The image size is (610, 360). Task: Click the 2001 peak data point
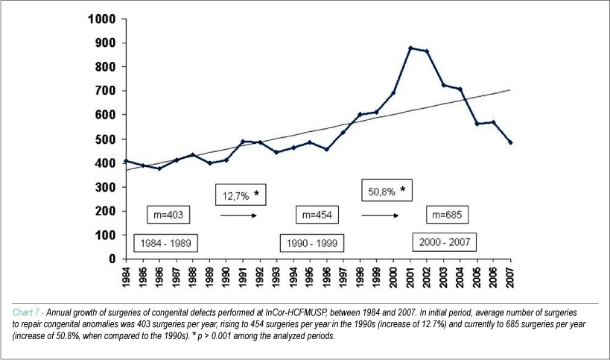point(410,48)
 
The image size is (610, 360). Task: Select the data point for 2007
point(510,142)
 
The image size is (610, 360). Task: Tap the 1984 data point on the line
point(126,161)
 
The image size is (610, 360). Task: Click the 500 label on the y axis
point(106,139)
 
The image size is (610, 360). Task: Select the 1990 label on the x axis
point(226,278)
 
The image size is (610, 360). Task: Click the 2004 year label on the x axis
point(460,278)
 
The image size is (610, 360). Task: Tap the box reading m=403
point(168,215)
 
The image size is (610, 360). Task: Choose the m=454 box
point(317,215)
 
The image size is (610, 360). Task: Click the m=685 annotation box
point(447,215)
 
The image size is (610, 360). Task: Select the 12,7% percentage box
point(241,195)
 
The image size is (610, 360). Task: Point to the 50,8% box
point(387,190)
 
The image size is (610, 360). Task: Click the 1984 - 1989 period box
point(166,243)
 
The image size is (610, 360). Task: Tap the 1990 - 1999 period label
point(312,243)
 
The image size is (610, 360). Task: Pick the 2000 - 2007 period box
point(444,242)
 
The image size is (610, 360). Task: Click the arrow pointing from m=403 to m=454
point(238,215)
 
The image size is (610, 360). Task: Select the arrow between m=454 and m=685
point(380,215)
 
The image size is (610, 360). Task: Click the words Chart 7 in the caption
point(26,312)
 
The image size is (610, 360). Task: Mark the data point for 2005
point(477,124)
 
